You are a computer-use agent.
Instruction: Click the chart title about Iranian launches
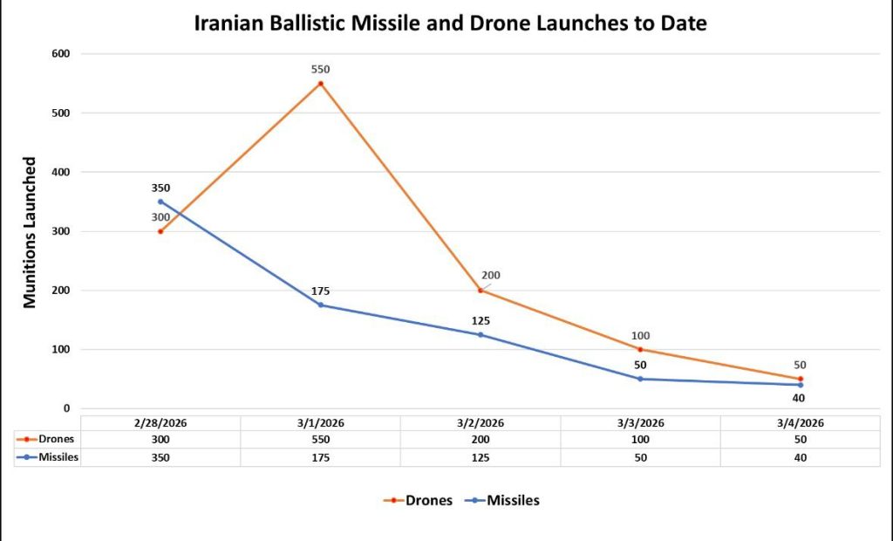click(x=450, y=24)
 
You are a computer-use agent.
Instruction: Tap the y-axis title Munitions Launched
click(x=31, y=232)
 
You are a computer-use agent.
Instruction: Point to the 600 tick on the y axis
click(x=60, y=54)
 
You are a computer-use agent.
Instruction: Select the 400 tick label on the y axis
click(x=60, y=173)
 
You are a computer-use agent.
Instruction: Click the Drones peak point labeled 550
click(x=321, y=84)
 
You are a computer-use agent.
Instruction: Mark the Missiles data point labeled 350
click(x=160, y=202)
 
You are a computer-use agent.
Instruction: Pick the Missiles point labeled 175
click(x=321, y=305)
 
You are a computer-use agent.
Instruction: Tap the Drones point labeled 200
click(x=481, y=291)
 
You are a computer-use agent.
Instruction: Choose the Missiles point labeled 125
click(x=481, y=334)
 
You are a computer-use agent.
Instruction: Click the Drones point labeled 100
click(x=640, y=349)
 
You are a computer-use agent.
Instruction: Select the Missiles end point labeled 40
click(x=800, y=385)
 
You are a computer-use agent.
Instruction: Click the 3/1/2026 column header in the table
click(x=321, y=422)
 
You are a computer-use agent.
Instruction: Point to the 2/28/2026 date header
click(x=160, y=422)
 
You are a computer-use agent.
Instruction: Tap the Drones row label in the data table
click(x=54, y=440)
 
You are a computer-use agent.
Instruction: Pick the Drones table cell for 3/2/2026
click(x=481, y=440)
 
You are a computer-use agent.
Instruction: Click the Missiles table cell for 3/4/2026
click(x=800, y=457)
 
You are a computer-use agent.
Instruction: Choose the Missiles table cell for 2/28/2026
click(x=160, y=457)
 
